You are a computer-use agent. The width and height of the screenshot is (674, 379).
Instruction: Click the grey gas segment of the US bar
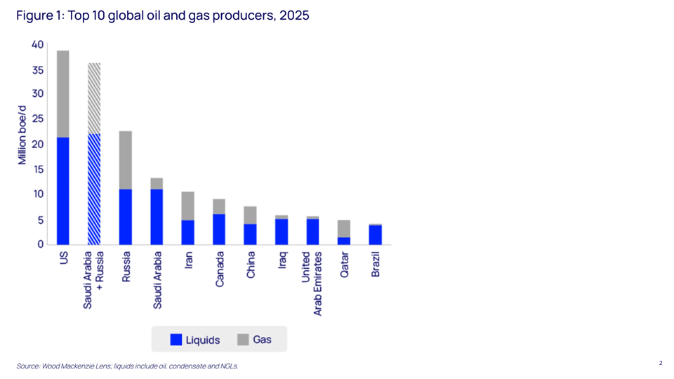pyautogui.click(x=63, y=93)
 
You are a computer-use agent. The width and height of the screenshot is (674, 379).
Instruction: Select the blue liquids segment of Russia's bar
pyautogui.click(x=126, y=216)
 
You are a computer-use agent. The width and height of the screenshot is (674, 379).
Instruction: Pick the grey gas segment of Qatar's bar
pyautogui.click(x=344, y=228)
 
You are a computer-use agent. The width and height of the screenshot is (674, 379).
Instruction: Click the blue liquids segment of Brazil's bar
pyautogui.click(x=376, y=234)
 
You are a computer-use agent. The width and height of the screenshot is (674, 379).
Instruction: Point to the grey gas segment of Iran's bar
pyautogui.click(x=187, y=206)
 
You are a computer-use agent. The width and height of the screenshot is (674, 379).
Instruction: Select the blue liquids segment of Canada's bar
pyautogui.click(x=219, y=229)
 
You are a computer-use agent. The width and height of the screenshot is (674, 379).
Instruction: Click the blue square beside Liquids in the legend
pyautogui.click(x=176, y=340)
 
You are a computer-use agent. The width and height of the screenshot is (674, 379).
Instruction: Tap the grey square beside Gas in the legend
pyautogui.click(x=243, y=340)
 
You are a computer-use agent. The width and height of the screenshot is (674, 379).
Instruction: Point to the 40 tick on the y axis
pyautogui.click(x=37, y=45)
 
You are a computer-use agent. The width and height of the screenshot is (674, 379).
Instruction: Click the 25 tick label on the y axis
pyautogui.click(x=37, y=119)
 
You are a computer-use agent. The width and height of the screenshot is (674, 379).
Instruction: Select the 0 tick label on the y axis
pyautogui.click(x=40, y=244)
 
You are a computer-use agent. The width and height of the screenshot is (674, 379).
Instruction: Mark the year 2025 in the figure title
pyautogui.click(x=294, y=16)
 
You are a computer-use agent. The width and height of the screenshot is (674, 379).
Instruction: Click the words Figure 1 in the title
pyautogui.click(x=38, y=16)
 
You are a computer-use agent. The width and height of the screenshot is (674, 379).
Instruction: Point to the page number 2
pyautogui.click(x=661, y=363)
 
